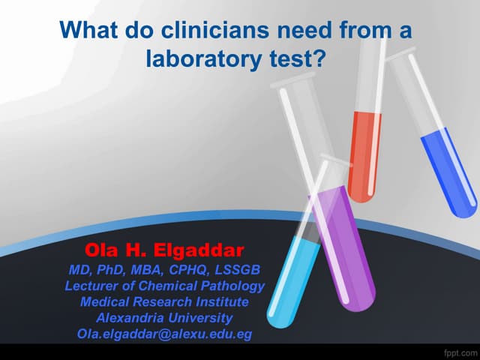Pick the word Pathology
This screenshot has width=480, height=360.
232,286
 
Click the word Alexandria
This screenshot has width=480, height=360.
127,317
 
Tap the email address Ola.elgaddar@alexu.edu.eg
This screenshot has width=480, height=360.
165,334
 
